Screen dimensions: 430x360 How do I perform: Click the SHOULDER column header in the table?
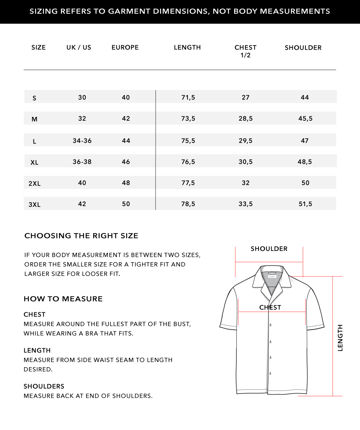pos(303,48)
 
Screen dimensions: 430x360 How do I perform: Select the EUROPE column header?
pos(125,47)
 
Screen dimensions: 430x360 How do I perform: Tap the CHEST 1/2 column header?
pos(245,51)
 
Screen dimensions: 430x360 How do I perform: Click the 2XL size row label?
pos(35,184)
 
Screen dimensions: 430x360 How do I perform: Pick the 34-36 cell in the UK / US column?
pos(82,141)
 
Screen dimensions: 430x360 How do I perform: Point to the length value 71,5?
pos(188,97)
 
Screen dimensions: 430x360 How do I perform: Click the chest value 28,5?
pos(245,119)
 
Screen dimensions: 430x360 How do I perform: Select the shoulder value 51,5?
pos(305,204)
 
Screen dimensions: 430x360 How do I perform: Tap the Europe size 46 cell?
pos(126,162)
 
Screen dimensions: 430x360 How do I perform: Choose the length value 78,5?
pos(188,204)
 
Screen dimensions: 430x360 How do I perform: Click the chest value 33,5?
pos(245,204)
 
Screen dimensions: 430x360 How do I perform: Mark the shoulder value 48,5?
pos(305,162)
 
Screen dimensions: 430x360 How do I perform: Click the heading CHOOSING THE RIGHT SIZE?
pos(81,236)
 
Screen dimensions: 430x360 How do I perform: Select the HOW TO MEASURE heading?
pos(63,299)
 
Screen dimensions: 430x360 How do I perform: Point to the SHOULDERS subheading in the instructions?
pos(44,386)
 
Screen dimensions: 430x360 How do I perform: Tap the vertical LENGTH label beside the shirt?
pos(340,337)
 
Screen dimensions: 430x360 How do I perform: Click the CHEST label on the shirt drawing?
pos(270,307)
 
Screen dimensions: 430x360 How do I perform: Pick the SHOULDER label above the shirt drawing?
pos(269,249)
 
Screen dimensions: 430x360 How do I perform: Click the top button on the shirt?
pos(270,325)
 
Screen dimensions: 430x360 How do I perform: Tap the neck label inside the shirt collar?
pos(272,277)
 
